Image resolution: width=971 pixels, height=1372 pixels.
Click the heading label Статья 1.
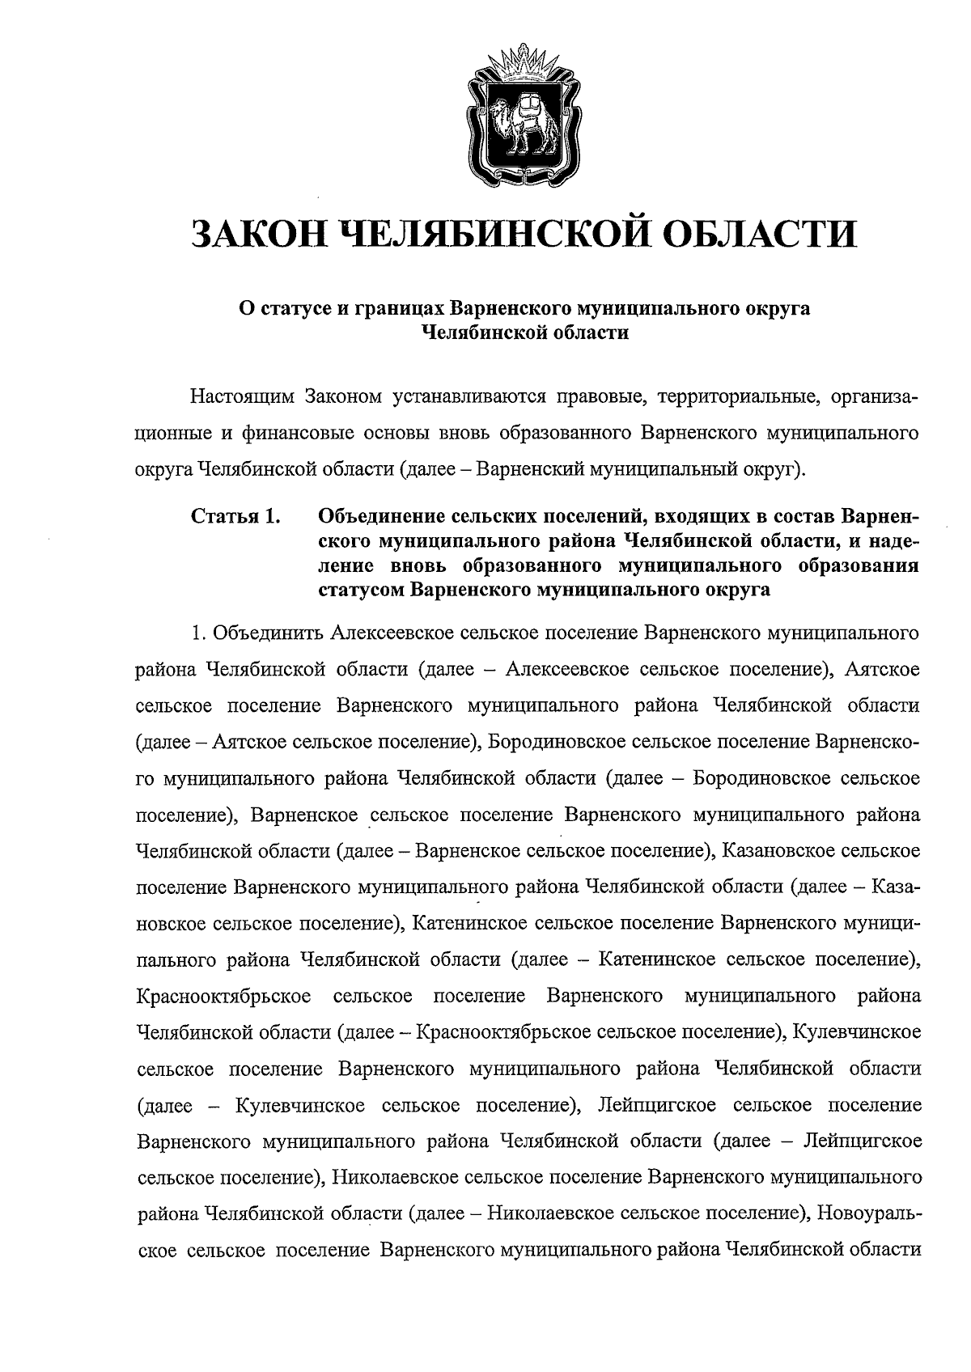(235, 515)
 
